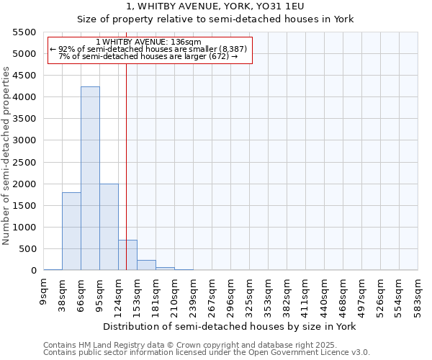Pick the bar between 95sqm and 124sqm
pyautogui.click(x=109, y=227)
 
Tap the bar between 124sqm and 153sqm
pyautogui.click(x=127, y=255)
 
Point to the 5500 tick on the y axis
pyautogui.click(x=24, y=32)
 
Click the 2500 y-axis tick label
pyautogui.click(x=24, y=162)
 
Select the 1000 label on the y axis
pyautogui.click(x=24, y=228)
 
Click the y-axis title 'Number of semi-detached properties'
pyautogui.click(x=6, y=156)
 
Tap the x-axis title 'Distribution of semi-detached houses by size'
pyautogui.click(x=229, y=326)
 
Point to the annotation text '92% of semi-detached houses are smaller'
pyautogui.click(x=149, y=49)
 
